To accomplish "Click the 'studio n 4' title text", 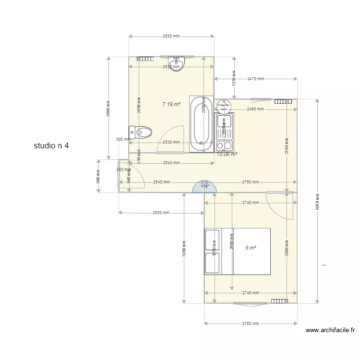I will point(51,145).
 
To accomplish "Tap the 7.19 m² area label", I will point(171,104).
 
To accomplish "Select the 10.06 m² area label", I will point(227,154).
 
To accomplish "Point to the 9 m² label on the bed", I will point(251,248).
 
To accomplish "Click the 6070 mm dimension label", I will point(317,201).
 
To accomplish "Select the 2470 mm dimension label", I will point(255,78).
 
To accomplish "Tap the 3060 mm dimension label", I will point(109,108).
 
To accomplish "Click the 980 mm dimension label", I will point(98,176).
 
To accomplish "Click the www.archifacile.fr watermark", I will point(332,330).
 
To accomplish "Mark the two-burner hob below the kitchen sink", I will point(224,144).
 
